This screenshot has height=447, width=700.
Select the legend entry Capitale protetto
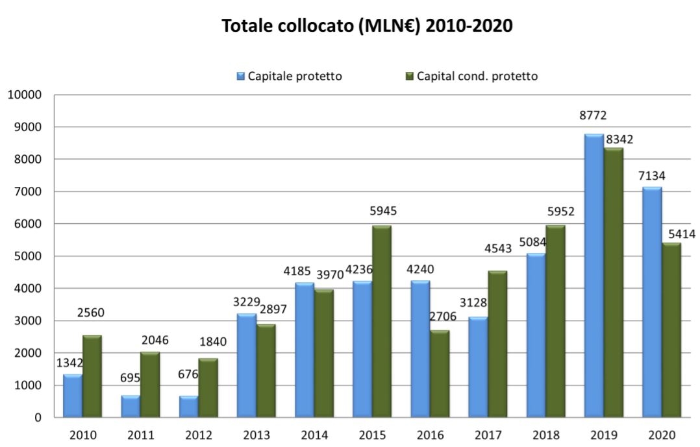[293, 76]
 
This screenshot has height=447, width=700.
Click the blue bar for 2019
[594, 276]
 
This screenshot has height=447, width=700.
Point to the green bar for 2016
[439, 374]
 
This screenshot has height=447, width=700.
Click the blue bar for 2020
[652, 302]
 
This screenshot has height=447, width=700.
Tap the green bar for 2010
[92, 376]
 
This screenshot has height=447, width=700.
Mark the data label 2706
[442, 316]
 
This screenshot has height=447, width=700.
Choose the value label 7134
[651, 175]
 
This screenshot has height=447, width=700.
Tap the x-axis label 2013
[256, 434]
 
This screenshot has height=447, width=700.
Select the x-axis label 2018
[546, 434]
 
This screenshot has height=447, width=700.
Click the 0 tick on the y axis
[39, 418]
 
